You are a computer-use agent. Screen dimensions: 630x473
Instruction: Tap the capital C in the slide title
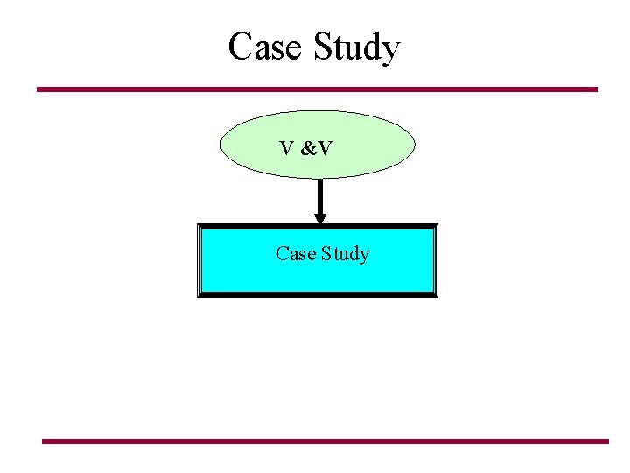click(239, 46)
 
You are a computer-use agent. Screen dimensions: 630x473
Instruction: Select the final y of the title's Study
click(390, 53)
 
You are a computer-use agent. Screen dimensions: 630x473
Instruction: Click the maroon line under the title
click(317, 88)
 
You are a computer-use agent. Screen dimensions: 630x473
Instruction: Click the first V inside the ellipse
click(287, 148)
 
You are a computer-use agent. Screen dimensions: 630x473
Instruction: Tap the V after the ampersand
click(324, 148)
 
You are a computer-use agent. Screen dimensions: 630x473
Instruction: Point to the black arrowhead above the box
click(320, 218)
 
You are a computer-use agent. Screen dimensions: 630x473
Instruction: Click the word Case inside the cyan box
click(295, 254)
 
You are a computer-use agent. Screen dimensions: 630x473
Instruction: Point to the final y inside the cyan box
click(365, 257)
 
